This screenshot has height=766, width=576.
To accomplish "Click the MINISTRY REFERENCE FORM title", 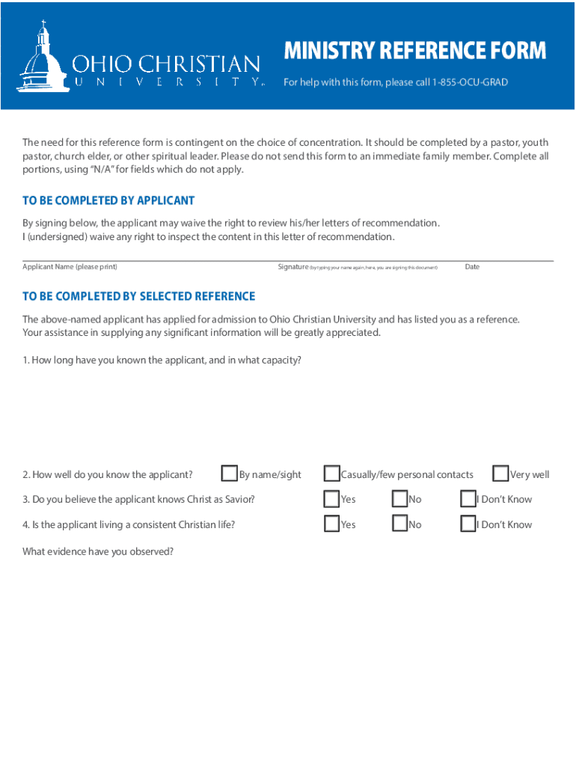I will point(414,52).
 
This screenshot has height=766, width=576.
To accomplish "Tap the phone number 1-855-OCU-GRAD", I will point(470,82).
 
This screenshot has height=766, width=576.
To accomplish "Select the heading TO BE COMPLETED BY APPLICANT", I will point(108,200).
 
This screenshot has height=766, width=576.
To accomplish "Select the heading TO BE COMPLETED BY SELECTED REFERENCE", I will point(138,296).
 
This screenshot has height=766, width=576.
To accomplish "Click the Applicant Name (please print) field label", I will point(70,267).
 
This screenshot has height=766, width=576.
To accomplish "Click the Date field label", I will point(472,267).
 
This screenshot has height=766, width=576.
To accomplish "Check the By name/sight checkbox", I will point(230,474).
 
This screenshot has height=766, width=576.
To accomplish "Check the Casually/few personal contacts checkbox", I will point(331,474).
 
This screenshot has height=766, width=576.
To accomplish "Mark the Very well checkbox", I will point(500,474).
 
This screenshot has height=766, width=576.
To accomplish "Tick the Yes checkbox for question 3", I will point(331,499).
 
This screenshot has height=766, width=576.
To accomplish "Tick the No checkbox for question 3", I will point(399,499).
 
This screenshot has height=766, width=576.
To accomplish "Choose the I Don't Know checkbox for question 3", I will point(468,499).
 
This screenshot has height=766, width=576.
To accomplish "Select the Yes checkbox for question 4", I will point(331,524).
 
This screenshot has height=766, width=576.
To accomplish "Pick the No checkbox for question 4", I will point(399,524).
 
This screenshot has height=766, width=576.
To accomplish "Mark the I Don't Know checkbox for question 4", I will point(468,524).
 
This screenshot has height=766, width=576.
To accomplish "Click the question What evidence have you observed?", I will point(98,551).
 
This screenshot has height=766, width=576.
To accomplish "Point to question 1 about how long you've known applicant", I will point(162,360).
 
